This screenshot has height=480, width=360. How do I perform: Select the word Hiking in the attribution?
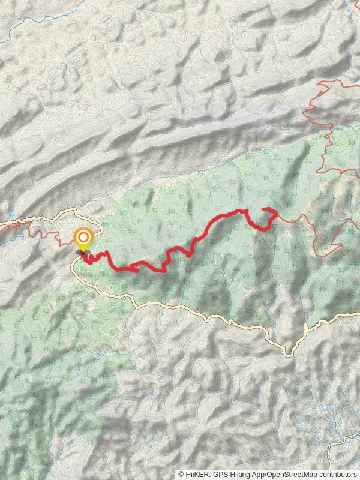pyautogui.click(x=242, y=475)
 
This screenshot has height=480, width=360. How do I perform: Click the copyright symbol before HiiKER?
pyautogui.click(x=181, y=475)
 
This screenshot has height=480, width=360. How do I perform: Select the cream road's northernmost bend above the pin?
pyautogui.click(x=75, y=209)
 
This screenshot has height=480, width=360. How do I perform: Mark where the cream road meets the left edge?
pyautogui.click(x=2, y=224)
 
